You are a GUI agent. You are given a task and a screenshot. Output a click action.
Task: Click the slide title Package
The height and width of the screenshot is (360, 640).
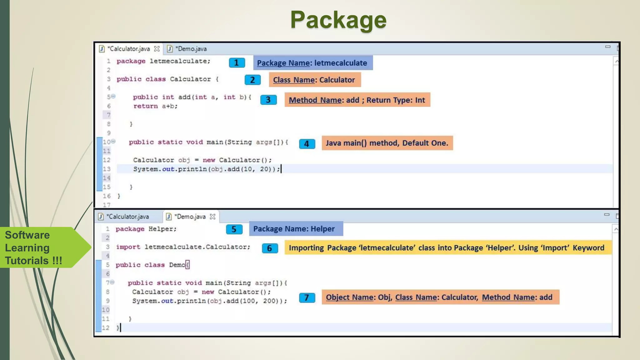[x=338, y=20]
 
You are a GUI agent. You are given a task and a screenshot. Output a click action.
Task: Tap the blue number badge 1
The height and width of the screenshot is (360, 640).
[x=237, y=63]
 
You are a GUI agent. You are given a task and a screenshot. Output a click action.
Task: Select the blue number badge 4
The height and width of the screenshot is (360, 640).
[x=307, y=144]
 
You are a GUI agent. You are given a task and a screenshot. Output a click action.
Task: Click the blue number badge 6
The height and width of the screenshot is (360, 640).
[x=270, y=248]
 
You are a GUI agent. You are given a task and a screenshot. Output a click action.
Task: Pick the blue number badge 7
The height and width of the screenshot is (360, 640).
[x=307, y=297]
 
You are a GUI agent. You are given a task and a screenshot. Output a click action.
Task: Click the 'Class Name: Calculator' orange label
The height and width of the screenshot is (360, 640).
[x=314, y=80]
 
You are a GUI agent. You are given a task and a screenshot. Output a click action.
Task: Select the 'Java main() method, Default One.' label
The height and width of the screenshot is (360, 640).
[x=387, y=143]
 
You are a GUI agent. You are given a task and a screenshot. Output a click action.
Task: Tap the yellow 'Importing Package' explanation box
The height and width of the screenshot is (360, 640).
[x=447, y=248]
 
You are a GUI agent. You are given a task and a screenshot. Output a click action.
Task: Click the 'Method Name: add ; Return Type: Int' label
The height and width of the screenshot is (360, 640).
[x=357, y=100]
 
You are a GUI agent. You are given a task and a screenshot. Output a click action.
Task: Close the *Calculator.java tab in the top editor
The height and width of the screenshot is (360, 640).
[x=157, y=49]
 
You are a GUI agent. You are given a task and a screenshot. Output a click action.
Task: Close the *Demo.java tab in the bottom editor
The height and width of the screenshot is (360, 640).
[x=212, y=217]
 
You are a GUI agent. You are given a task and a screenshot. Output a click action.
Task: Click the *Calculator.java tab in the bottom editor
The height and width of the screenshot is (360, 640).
[x=127, y=217]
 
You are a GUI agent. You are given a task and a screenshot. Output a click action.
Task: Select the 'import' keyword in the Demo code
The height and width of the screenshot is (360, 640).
[x=128, y=247]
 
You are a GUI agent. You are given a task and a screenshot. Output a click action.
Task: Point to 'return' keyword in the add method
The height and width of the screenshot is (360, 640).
[x=146, y=106]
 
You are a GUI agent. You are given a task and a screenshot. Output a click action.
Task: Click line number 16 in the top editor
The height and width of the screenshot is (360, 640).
[x=107, y=196]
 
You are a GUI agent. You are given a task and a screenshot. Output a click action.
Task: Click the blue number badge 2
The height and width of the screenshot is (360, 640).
[x=252, y=80]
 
